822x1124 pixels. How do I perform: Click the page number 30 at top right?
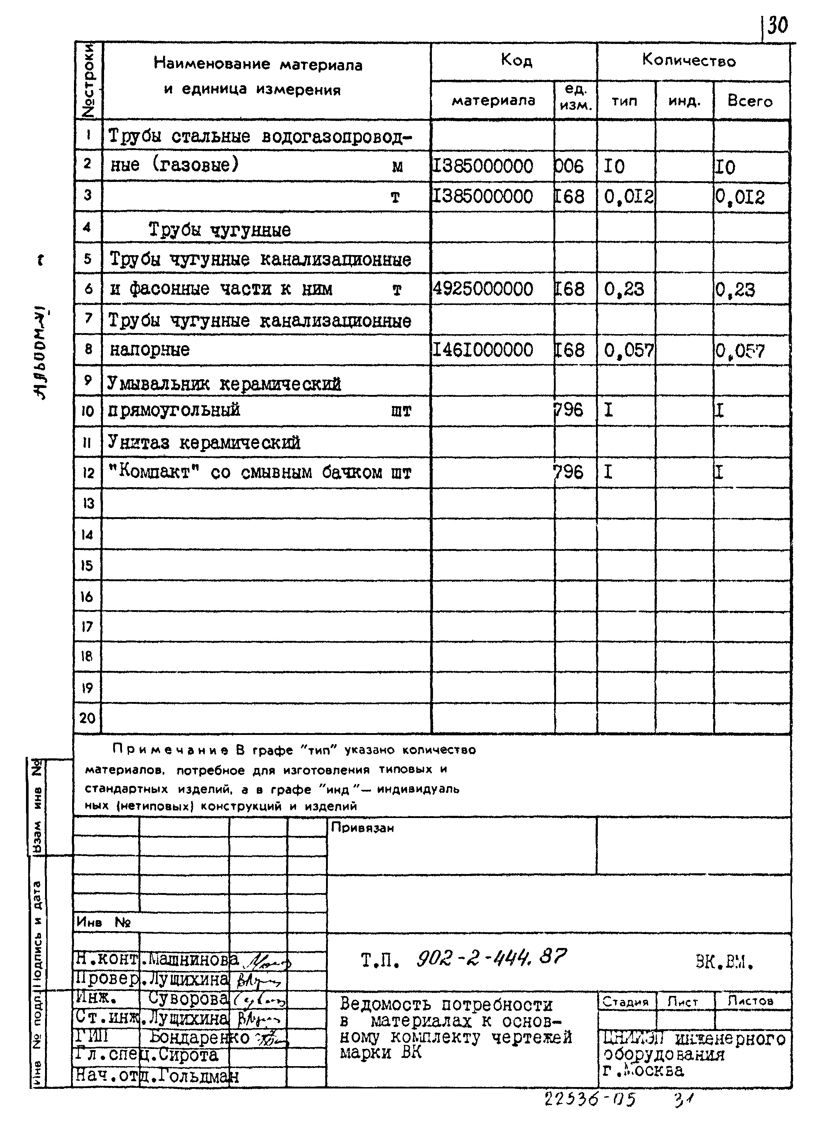coord(778,25)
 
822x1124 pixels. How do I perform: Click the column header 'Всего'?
coord(749,101)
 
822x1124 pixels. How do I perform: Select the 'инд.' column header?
coord(684,101)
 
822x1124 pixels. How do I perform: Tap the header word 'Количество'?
coord(689,61)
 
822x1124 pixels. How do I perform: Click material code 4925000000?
coord(483,289)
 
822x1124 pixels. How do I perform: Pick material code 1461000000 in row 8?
coord(483,350)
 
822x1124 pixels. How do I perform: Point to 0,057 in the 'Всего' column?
coord(740,351)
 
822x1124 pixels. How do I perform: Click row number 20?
coord(87,718)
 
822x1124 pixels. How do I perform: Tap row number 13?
coord(88,504)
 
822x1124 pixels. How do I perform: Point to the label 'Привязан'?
coord(362,828)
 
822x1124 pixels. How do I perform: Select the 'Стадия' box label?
coord(625,1002)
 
